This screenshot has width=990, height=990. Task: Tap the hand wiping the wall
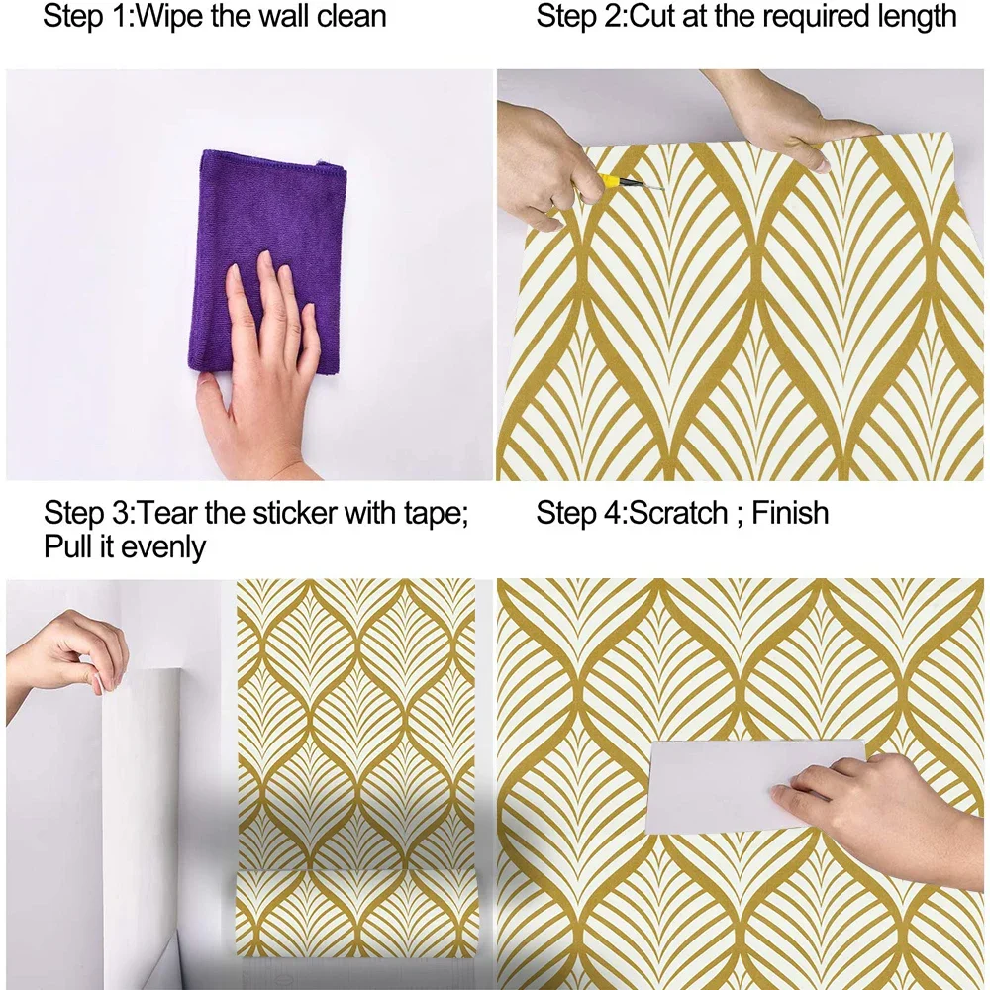(258, 372)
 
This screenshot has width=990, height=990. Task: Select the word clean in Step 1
(351, 17)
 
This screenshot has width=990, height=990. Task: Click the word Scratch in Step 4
(679, 513)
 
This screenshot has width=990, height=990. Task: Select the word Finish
(790, 513)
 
